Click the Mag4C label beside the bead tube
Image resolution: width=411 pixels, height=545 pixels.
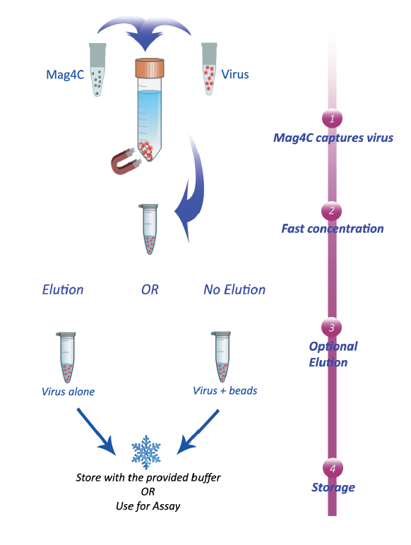(65, 75)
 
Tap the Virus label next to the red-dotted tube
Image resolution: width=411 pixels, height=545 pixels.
(235, 74)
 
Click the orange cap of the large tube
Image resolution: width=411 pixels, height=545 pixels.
(150, 68)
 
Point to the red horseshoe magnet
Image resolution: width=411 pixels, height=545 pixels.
(126, 161)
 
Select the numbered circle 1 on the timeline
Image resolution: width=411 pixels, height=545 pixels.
(332, 119)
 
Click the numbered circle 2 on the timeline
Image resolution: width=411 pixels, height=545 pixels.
(331, 210)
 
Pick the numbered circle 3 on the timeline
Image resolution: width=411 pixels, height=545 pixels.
(331, 328)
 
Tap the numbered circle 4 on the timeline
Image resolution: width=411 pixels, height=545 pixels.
(333, 468)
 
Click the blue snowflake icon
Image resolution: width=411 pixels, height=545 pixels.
(146, 453)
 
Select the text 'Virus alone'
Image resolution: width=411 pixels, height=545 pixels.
(68, 392)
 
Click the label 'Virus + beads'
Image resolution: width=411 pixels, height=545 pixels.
(225, 390)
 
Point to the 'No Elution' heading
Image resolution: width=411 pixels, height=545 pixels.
(234, 289)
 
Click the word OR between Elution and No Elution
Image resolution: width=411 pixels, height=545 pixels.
(150, 289)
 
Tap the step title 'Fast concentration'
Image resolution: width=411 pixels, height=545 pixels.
(333, 229)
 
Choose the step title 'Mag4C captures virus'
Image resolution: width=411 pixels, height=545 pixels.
(333, 138)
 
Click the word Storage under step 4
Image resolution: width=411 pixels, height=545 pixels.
(333, 487)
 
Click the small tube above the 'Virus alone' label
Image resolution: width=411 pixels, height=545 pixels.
(66, 357)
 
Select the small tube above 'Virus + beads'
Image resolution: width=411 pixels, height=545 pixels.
(221, 357)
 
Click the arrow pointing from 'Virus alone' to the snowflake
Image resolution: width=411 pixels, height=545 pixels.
(96, 431)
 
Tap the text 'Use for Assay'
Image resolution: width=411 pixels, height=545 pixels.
(148, 506)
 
